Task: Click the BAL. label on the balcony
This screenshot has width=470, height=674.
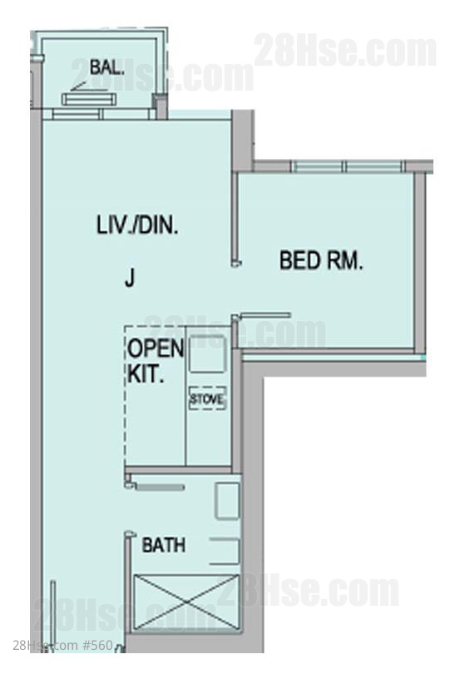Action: pos(107,67)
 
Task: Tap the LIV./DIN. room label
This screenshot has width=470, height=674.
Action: pos(137,225)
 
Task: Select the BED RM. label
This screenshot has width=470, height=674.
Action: pos(321,260)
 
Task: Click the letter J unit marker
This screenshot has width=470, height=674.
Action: pos(130,277)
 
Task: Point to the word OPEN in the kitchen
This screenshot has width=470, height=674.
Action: pos(156,348)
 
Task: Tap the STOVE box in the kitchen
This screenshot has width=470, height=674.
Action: pos(207,399)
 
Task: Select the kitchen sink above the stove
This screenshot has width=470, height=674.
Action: pos(207,354)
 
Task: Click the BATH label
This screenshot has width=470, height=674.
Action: pos(164,545)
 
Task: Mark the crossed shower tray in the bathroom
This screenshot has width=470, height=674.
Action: pos(186,602)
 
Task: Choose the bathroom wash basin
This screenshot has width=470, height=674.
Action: pos(227,501)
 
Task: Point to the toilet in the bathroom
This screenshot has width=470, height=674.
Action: pos(225,551)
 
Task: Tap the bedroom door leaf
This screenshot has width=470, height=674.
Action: pos(264,316)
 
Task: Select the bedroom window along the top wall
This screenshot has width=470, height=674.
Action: pos(347,166)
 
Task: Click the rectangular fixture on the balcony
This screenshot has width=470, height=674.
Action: pos(89,99)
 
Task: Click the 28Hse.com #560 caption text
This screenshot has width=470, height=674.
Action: pos(62,645)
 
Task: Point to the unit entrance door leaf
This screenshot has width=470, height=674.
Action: pos(53,616)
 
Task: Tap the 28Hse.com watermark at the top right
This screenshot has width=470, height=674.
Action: pos(345,52)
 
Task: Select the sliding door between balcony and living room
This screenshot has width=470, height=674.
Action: pos(103,114)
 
